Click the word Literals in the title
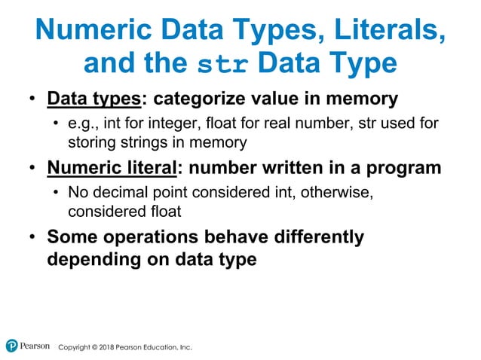coord(384,31)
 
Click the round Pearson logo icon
coord(11,346)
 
